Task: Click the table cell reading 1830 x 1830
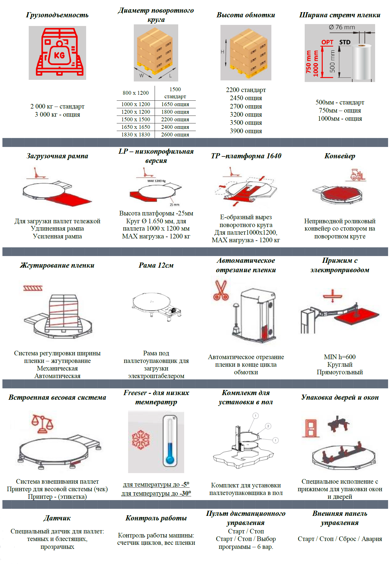[136, 135]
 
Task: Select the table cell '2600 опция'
[175, 135]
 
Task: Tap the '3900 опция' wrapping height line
[246, 131]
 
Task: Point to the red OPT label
[327, 42]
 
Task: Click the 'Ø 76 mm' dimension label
[342, 27]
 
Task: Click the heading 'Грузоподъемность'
[57, 15]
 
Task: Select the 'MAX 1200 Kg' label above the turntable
[157, 181]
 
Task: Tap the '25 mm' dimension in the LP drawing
[174, 205]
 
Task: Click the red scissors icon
[221, 290]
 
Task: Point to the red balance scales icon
[42, 424]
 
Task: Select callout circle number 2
[268, 426]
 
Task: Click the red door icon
[311, 428]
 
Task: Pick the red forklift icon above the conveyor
[356, 175]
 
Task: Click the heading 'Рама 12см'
[156, 265]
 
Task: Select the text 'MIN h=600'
[340, 357]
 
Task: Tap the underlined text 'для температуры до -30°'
[156, 493]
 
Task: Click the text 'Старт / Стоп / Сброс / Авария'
[340, 539]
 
